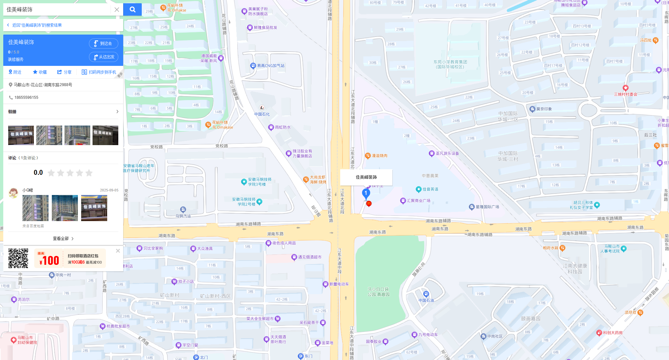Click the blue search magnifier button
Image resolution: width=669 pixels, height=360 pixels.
click(x=132, y=9)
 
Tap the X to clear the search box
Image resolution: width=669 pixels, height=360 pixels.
click(x=117, y=9)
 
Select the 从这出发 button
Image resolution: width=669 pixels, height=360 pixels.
click(x=104, y=57)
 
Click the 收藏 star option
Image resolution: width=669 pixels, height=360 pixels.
click(x=40, y=72)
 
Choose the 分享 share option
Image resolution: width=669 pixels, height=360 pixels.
click(x=64, y=72)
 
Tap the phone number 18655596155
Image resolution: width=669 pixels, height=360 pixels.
click(x=26, y=97)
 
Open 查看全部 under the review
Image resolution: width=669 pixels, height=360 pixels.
click(x=63, y=239)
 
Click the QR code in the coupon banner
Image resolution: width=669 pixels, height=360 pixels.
click(x=18, y=258)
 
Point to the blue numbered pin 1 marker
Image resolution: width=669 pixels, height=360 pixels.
click(x=366, y=193)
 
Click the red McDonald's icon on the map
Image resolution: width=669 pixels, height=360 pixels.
click(x=369, y=204)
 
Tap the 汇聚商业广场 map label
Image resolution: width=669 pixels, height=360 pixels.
click(x=418, y=201)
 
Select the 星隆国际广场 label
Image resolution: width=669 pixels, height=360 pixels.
click(x=487, y=207)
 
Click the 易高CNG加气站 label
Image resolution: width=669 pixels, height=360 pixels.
click(x=270, y=66)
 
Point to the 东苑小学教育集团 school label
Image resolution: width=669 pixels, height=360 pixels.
click(x=450, y=64)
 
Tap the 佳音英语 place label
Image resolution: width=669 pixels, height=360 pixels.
click(x=430, y=189)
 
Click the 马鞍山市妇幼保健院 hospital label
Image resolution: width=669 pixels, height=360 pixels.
click(x=27, y=340)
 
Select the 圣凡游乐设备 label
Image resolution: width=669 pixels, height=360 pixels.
click(x=447, y=153)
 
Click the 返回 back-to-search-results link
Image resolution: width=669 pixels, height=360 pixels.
click(x=36, y=25)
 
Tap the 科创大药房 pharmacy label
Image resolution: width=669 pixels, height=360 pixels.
click(x=612, y=333)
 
